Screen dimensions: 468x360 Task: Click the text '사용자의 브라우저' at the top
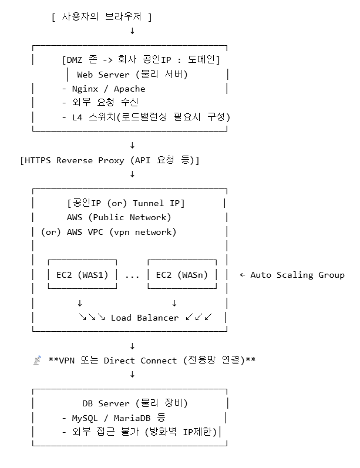101,17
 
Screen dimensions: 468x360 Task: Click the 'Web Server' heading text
103,75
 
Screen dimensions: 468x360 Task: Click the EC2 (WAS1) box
82,274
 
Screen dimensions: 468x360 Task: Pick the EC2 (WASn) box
181,274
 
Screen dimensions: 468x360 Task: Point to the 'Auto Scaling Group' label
297,274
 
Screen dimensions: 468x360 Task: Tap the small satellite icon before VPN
36,360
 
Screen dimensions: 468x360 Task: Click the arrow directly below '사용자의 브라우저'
132,31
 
